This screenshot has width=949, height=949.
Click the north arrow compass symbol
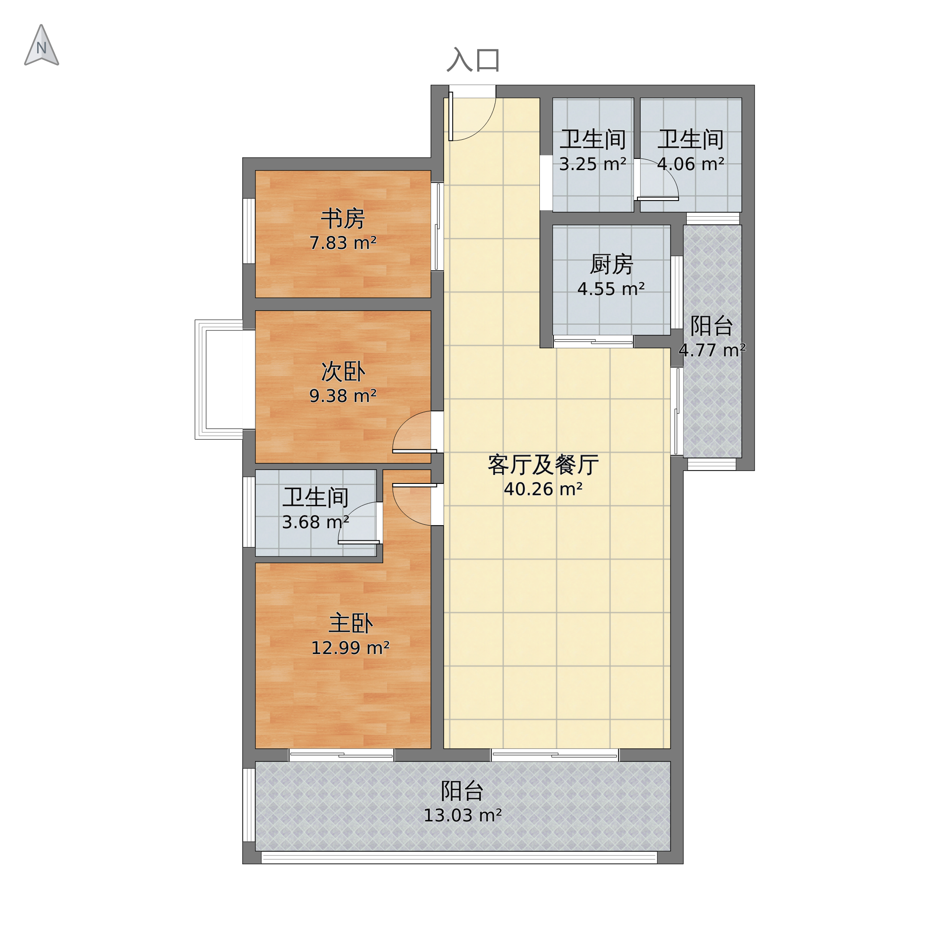point(42,45)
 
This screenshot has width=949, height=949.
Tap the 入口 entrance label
point(473,60)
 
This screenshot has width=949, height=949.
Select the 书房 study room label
point(343,218)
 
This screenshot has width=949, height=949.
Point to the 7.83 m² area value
point(343,243)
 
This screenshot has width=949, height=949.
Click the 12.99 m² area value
point(350,648)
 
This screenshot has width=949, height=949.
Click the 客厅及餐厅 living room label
point(543,465)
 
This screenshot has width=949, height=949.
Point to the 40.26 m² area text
point(543,489)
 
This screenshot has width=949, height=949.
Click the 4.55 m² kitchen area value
point(611,289)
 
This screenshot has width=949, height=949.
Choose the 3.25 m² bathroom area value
point(592,164)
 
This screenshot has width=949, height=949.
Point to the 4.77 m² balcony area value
point(712,350)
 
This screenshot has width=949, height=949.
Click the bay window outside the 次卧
point(219,379)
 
